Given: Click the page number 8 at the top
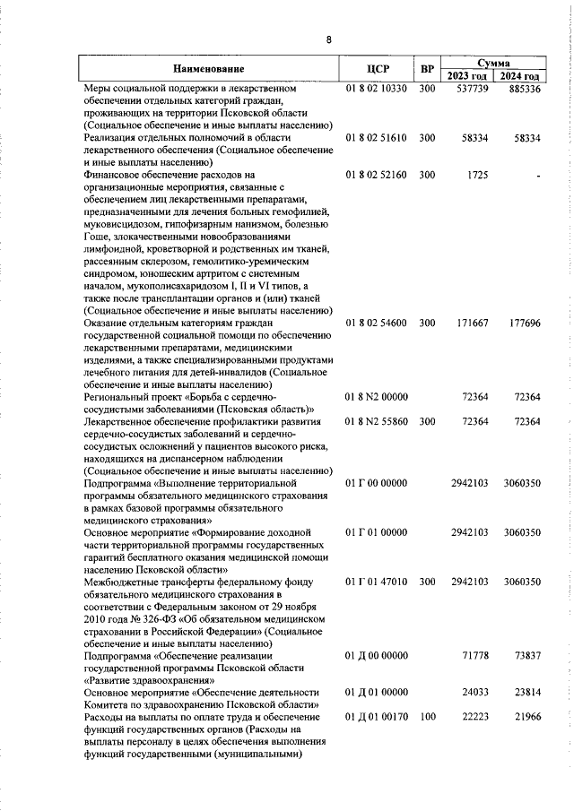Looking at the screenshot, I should click(x=328, y=39).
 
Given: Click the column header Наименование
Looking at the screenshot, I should click(x=208, y=69).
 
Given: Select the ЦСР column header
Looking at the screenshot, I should click(x=377, y=69).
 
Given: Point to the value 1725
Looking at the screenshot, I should click(x=478, y=175).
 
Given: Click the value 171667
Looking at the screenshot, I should click(x=472, y=321).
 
